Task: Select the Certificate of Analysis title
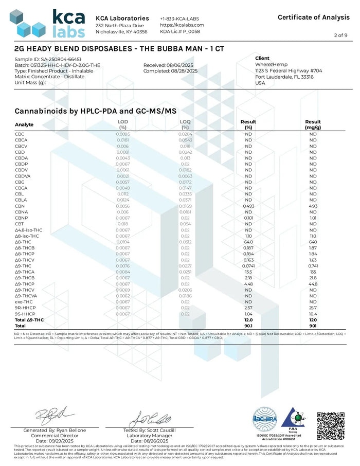click(x=313, y=17)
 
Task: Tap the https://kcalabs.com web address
click(x=182, y=25)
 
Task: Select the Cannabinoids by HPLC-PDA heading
click(x=95, y=111)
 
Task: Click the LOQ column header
click(x=185, y=122)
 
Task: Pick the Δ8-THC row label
click(x=24, y=242)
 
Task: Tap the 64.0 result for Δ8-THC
click(x=248, y=242)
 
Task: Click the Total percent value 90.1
click(x=248, y=326)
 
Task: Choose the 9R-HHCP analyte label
click(x=25, y=308)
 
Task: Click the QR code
click(x=330, y=423)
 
